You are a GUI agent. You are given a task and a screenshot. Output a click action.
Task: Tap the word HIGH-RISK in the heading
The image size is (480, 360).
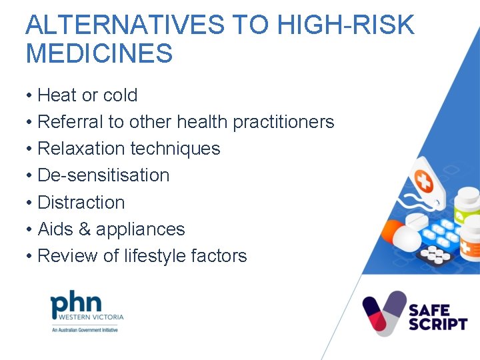click(345, 25)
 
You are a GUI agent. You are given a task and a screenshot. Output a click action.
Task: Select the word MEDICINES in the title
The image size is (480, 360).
click(99, 53)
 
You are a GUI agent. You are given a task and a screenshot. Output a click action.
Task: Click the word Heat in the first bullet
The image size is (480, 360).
click(57, 95)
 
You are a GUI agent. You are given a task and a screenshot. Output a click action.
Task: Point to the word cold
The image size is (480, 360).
click(120, 95)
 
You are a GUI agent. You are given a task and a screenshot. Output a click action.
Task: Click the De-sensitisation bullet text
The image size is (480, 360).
click(103, 175)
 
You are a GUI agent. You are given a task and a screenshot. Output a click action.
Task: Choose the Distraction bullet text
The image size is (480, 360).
click(81, 202)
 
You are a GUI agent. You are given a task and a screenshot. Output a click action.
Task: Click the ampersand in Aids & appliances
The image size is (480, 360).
click(85, 229)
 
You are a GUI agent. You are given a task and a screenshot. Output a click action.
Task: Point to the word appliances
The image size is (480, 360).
click(141, 229)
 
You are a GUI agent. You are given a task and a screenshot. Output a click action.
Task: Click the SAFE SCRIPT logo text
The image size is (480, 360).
click(437, 317)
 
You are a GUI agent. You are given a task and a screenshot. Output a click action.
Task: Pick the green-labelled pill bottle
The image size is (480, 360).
click(466, 207)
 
